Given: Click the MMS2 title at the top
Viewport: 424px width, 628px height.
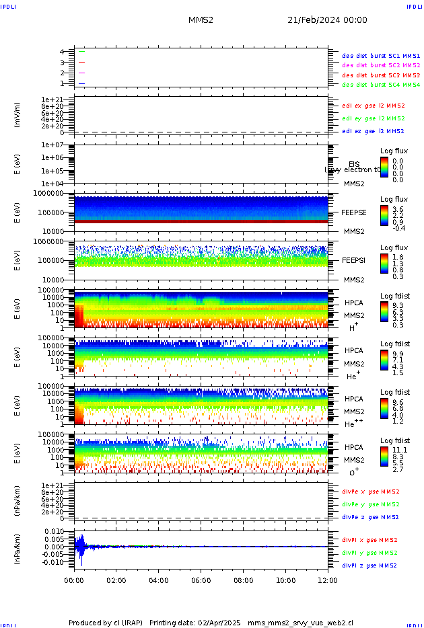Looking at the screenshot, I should tap(201, 20).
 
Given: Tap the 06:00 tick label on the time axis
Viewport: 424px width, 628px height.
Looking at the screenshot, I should tap(201, 580).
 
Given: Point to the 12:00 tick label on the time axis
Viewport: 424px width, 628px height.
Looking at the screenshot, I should tap(328, 580).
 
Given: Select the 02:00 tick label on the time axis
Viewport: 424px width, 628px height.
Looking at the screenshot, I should tap(116, 580).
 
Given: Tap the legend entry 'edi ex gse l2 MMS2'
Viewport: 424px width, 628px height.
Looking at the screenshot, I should tap(374, 106).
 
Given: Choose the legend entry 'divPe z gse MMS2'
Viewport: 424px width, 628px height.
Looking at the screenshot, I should tap(371, 518).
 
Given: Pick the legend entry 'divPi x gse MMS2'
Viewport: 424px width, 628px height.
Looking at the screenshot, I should tap(369, 540).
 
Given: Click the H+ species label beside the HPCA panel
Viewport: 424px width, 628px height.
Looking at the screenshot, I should tap(353, 327).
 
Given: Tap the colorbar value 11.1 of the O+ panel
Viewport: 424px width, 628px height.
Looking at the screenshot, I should tap(400, 450).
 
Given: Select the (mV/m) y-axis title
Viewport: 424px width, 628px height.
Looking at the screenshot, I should tap(18, 114).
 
